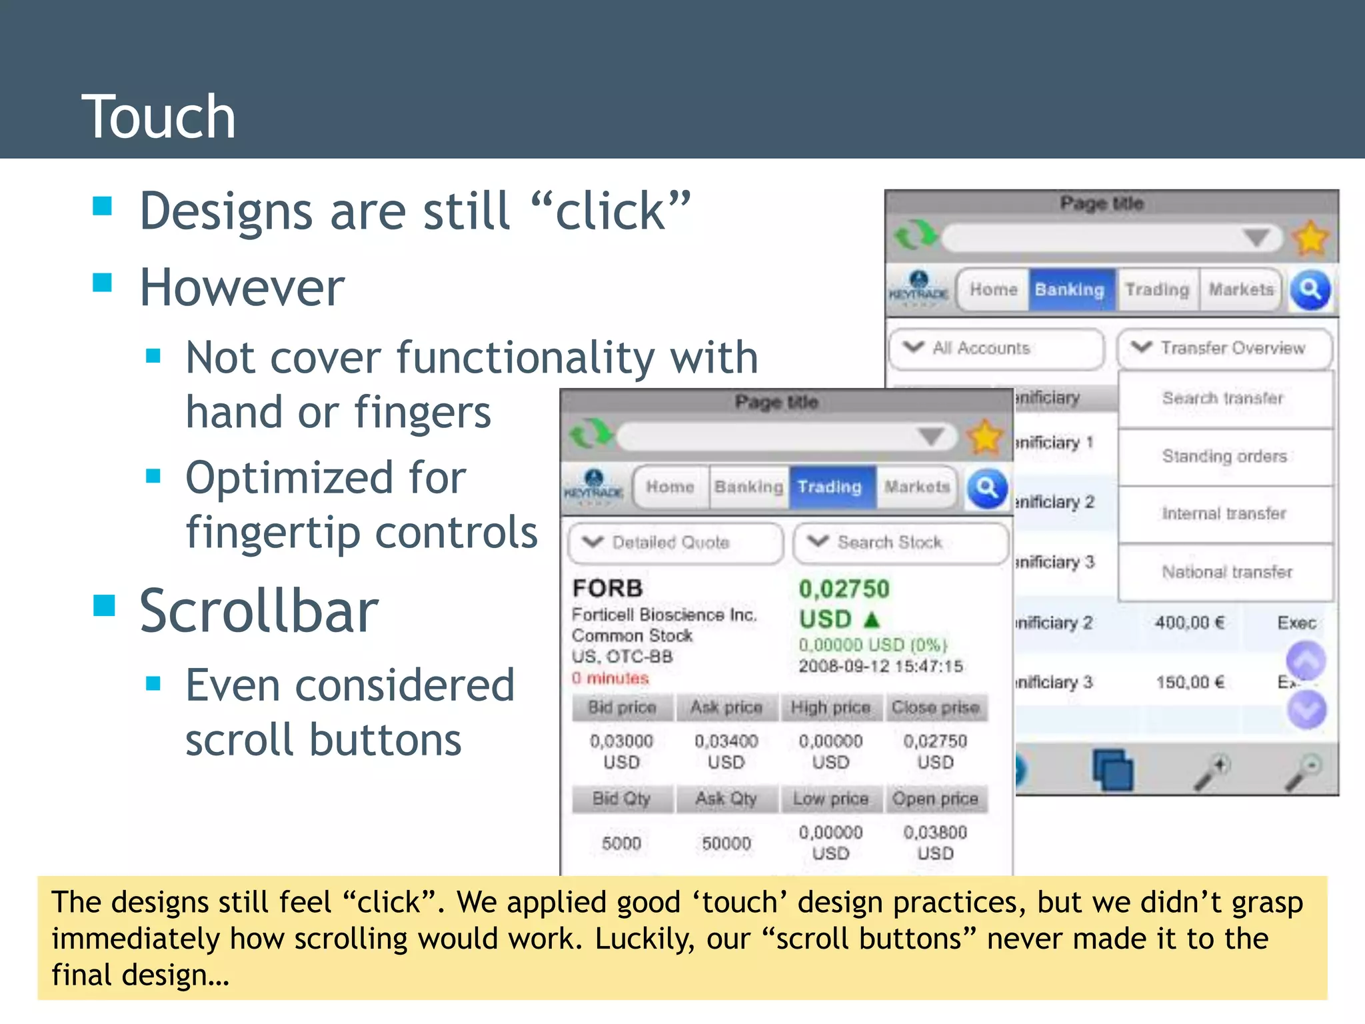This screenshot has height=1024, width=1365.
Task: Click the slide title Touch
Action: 159,117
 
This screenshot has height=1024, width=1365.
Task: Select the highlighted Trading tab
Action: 830,487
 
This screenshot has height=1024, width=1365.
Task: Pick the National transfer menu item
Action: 1226,572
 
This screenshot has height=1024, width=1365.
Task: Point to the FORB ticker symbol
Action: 607,588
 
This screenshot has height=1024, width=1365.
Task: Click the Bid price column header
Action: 622,707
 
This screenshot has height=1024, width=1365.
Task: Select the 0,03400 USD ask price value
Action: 726,751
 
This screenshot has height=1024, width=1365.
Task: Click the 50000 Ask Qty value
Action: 726,843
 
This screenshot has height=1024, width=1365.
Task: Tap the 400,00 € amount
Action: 1190,623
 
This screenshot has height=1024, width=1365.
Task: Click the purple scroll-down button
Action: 1306,710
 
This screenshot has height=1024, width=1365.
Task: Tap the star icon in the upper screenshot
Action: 1310,238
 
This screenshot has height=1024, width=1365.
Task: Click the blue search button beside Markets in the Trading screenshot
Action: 986,489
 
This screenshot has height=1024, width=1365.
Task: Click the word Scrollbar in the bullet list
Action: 259,611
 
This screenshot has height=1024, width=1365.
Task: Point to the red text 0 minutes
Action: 610,679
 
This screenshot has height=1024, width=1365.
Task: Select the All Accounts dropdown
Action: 996,348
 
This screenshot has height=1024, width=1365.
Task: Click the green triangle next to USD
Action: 872,620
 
